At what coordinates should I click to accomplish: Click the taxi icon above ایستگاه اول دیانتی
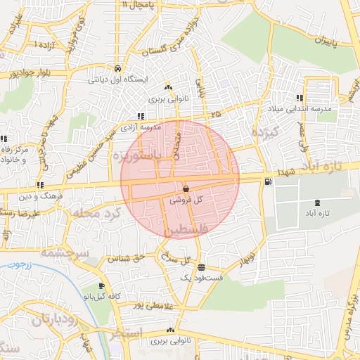(120, 69)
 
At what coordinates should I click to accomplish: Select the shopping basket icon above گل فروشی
(186, 188)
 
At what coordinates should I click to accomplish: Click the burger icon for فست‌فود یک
(202, 267)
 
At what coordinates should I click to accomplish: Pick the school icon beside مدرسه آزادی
(141, 117)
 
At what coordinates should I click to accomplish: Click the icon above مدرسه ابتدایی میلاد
(300, 98)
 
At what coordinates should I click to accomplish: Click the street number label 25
(214, 112)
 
